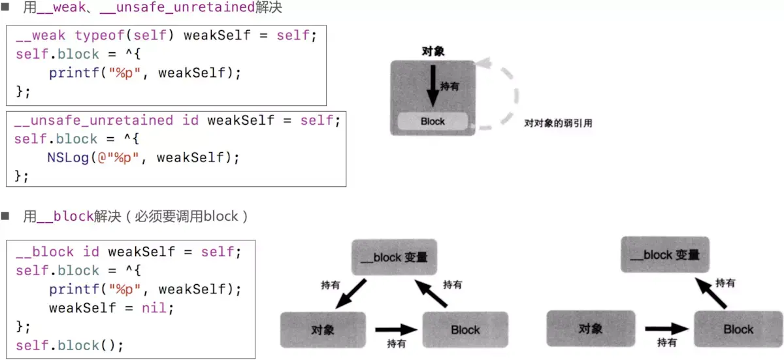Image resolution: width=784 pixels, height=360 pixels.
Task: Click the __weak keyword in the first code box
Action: tap(41, 35)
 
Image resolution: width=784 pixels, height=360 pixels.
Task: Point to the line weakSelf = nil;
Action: tap(111, 308)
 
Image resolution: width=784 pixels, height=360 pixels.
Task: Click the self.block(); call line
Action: tap(69, 345)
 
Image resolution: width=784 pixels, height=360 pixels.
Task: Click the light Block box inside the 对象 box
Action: tap(433, 122)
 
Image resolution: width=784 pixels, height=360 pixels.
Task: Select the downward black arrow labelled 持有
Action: tap(432, 86)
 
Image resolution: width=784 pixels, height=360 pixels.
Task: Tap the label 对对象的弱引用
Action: tap(558, 123)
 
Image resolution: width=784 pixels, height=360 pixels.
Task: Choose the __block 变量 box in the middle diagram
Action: tap(393, 257)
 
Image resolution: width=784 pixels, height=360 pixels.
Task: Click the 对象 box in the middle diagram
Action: tap(323, 329)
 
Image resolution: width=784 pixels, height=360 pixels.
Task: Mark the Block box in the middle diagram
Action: tap(465, 330)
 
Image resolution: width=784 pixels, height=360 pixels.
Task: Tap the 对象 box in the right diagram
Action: tap(590, 329)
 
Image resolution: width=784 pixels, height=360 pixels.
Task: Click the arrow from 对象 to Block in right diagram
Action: tap(666, 329)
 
